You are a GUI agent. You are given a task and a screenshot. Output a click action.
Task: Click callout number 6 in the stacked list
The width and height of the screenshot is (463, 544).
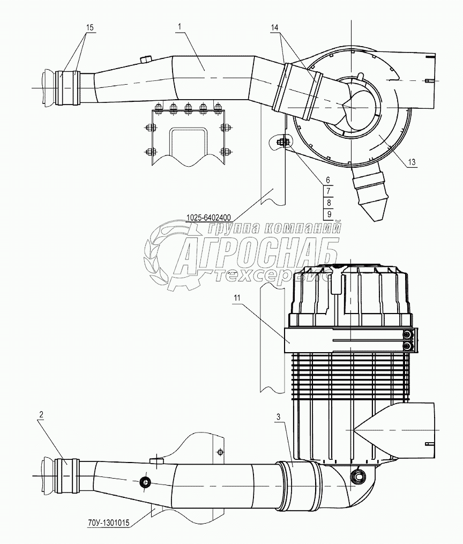click(328, 181)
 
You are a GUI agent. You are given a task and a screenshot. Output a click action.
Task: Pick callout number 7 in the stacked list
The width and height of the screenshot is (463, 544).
click(328, 191)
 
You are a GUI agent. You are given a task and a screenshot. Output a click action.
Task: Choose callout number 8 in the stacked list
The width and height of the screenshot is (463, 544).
click(328, 202)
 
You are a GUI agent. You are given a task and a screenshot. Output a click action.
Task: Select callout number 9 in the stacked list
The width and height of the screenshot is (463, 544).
click(328, 213)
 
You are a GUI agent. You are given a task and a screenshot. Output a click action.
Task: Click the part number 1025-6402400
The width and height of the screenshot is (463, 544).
click(209, 217)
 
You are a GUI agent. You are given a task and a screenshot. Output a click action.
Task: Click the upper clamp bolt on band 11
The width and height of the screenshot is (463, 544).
click(409, 336)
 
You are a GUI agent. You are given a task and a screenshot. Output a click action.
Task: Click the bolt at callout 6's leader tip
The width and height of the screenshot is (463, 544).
click(282, 142)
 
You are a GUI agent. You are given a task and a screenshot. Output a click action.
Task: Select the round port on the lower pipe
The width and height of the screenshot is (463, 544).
click(144, 482)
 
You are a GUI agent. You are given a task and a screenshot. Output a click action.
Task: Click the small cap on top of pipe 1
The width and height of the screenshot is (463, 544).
click(145, 58)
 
